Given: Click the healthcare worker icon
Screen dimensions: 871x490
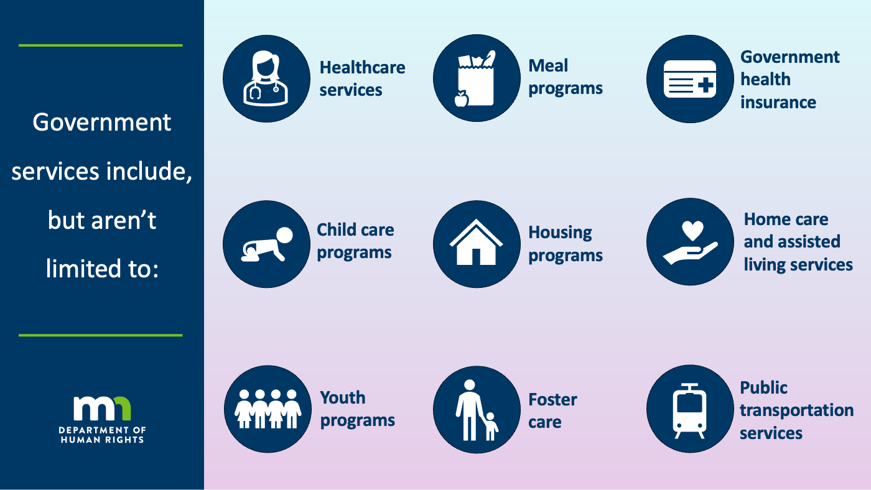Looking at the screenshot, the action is pos(266,78).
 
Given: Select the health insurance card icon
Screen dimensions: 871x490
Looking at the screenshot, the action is pos(690,79).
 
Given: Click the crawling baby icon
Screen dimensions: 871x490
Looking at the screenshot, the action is pos(267,244).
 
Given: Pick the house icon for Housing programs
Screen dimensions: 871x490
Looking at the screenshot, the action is pos(476,242).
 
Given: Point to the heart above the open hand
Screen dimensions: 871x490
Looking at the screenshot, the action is pos(692,231).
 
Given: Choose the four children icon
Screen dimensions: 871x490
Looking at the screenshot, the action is pos(268,409).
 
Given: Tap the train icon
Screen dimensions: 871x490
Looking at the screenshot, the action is pos(689,411).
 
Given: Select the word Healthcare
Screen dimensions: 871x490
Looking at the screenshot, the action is pos(362,68).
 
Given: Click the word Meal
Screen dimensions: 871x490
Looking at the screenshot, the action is pos(548,66).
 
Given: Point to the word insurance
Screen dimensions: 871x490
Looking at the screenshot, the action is pos(778,103).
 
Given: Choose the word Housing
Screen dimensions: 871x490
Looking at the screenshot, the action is pos(560,233).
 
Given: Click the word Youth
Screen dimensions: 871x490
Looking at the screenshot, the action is pos(343,398).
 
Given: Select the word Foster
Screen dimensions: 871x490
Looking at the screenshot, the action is pos(552,399).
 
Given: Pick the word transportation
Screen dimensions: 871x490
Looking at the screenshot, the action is pos(796,410).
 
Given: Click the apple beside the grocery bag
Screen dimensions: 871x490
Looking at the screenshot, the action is pos(462,99).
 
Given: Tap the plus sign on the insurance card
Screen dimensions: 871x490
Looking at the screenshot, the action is pos(706,85).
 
